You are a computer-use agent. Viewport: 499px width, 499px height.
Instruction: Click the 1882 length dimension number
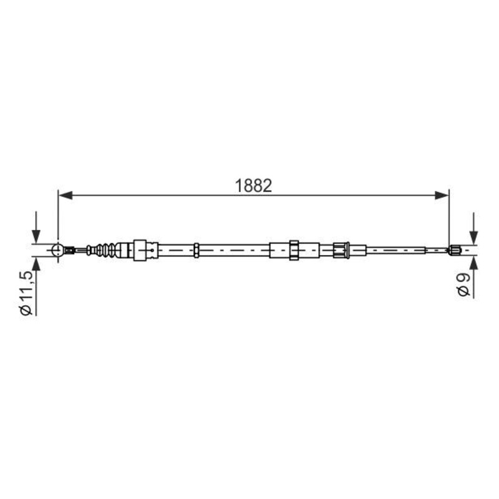254,185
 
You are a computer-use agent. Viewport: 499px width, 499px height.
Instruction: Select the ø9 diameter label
463,284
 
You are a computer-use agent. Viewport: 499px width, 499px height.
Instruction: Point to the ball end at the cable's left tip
58,251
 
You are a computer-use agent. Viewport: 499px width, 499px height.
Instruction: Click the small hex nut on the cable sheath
196,251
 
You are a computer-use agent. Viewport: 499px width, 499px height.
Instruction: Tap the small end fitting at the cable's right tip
455,251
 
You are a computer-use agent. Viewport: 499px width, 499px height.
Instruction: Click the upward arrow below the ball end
36,265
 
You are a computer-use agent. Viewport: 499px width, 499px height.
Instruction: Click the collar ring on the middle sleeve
294,251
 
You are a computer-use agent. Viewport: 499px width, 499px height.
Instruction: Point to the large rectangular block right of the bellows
145,251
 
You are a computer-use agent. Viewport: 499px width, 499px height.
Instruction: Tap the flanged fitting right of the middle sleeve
341,251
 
